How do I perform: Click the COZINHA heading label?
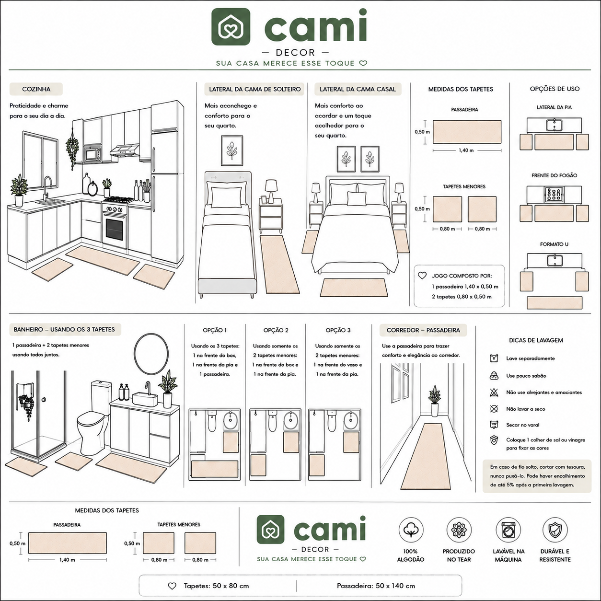coord(36,89)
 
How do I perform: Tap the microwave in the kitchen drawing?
coord(92,154)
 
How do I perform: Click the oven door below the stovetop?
coord(115,229)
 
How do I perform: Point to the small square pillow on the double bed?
coord(357,199)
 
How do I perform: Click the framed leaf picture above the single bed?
coord(232,150)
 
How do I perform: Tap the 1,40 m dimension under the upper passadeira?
coord(466,150)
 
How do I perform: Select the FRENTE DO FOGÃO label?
coord(554,175)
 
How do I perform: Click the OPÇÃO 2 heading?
coord(276,330)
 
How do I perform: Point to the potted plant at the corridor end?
coord(434,401)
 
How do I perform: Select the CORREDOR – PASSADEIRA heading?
coord(423,330)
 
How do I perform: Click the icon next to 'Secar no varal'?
coord(494,425)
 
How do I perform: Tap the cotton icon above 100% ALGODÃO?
coord(411,530)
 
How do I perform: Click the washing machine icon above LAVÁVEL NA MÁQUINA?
coord(508,530)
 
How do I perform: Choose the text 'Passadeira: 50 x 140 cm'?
coord(376,586)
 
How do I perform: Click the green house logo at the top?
coord(231,26)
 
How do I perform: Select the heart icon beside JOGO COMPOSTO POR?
coord(422,276)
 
